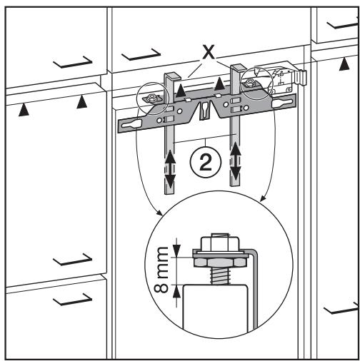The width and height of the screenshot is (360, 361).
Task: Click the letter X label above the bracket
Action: [208, 52]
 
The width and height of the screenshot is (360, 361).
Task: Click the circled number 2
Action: [206, 163]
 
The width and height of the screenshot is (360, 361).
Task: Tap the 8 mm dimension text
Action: [161, 270]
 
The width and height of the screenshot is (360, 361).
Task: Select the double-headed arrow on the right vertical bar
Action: [236, 161]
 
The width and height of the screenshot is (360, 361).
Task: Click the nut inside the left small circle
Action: [151, 98]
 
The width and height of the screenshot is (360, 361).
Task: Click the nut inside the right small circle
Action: [250, 83]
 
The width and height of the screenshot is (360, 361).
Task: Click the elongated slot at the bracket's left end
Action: [131, 124]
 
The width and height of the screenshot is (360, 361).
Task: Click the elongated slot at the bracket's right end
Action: [282, 103]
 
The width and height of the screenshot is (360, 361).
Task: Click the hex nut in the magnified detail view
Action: [219, 263]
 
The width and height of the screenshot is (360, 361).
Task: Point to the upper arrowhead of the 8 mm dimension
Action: [176, 250]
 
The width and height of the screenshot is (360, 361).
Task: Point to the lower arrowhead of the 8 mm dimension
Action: [176, 291]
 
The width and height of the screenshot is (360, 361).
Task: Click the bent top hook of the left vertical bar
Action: [172, 76]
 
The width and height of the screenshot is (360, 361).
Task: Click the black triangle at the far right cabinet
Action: [344, 64]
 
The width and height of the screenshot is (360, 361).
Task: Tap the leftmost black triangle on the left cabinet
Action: [24, 110]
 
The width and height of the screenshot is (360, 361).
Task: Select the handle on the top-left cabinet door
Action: [73, 62]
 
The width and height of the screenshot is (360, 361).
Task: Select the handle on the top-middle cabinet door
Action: [141, 55]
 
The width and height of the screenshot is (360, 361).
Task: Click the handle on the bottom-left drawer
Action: [73, 299]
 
